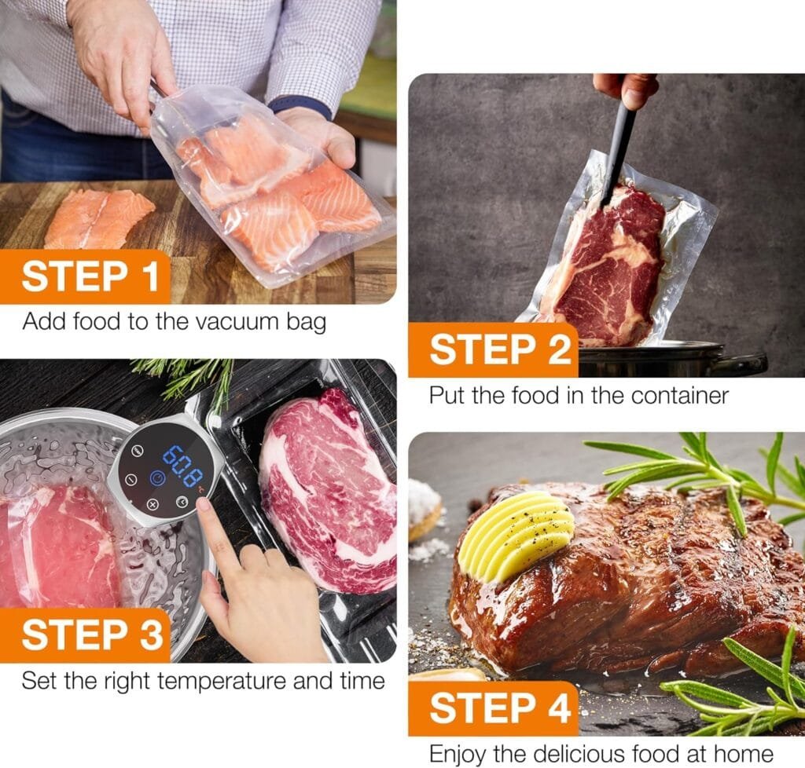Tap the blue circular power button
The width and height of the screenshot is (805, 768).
pos(156,478)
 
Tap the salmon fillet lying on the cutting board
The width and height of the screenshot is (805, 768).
pos(98,218)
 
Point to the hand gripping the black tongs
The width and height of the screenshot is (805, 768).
pos(627,90)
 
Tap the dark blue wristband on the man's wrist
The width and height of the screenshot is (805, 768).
pos(300,105)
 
